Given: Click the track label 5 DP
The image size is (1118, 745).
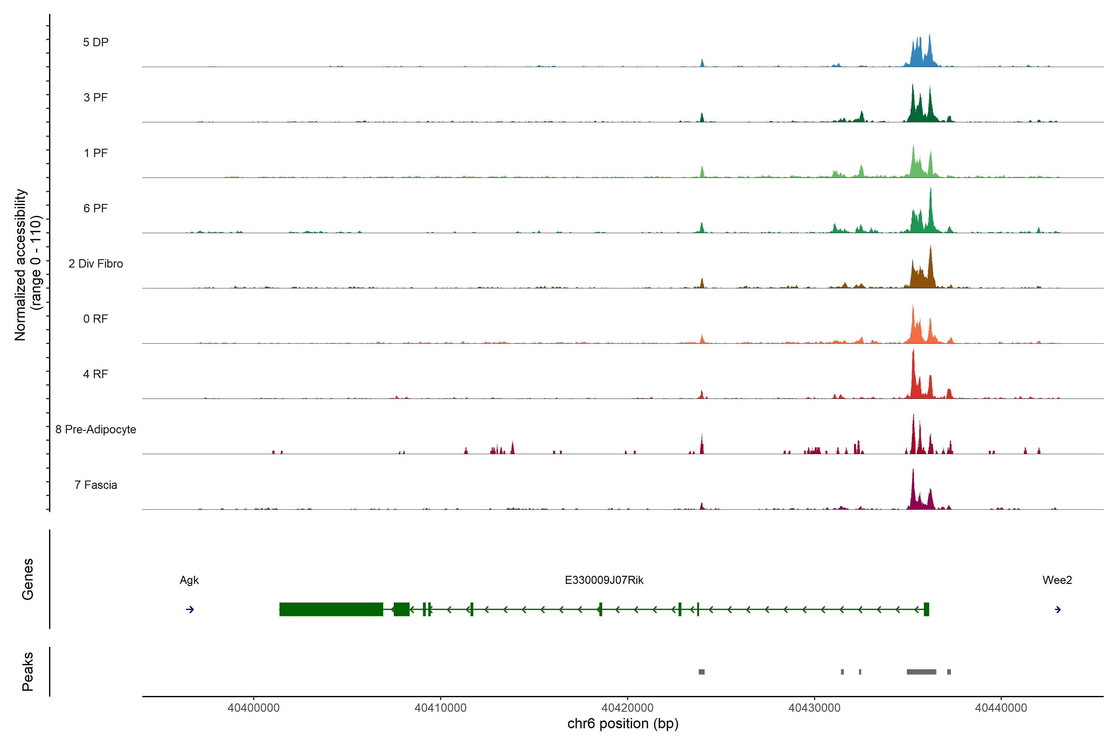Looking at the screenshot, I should click(96, 42).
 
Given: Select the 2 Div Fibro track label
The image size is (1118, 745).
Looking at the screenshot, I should click(96, 264).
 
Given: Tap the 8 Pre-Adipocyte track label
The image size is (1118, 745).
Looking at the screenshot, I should click(96, 430).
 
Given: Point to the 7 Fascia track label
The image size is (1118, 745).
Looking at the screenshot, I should click(96, 485).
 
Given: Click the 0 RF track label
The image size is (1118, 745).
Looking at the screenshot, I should click(96, 319).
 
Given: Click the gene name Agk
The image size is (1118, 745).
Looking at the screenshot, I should click(189, 580).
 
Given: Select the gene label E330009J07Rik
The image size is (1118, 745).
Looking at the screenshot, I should click(604, 580).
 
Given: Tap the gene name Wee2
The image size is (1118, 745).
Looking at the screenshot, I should click(1057, 580).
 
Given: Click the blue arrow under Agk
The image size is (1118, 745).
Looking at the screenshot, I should click(190, 610).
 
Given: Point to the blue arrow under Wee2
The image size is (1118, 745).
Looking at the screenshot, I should click(1058, 610).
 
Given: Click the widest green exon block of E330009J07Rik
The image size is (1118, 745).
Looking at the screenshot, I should click(331, 609).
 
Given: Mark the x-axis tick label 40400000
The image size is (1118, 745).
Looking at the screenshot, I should click(253, 708).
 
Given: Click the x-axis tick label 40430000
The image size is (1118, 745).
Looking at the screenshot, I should click(814, 708).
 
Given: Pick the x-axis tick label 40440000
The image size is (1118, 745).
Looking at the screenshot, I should click(1001, 708).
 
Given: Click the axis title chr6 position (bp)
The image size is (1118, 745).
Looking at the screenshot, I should click(623, 724).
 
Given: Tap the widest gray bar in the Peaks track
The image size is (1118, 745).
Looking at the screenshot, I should click(921, 672).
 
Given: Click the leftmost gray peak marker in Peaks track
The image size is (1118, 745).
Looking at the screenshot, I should click(702, 672).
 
